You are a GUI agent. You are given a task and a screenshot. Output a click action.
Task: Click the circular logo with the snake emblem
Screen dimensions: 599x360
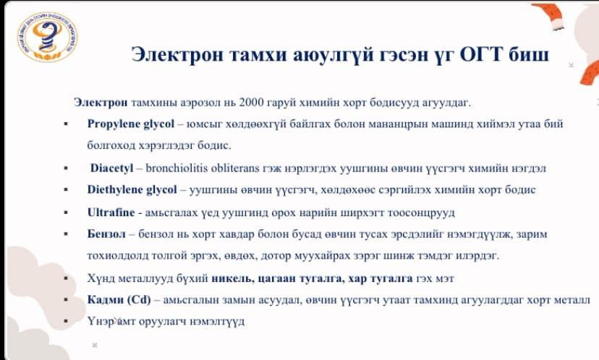click(47, 37)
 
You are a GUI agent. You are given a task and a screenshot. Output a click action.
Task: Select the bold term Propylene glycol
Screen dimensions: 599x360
click(131, 124)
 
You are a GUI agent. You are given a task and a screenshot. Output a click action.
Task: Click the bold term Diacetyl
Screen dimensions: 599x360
click(111, 168)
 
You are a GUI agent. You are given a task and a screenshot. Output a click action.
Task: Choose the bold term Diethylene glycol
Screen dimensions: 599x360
click(132, 189)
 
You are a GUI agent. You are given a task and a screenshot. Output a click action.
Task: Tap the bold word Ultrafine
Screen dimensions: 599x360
click(111, 213)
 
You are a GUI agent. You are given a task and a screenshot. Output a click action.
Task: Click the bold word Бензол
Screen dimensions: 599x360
click(106, 233)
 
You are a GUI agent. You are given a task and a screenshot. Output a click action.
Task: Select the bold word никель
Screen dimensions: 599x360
click(233, 278)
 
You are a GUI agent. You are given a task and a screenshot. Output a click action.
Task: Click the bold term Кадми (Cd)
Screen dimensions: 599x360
click(119, 300)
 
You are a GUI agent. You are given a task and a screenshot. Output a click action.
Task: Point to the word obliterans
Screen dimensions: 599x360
click(235, 168)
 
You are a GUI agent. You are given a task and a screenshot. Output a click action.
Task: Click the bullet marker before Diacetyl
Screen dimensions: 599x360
click(66, 168)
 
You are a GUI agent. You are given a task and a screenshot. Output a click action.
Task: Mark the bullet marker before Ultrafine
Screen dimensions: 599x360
click(66, 213)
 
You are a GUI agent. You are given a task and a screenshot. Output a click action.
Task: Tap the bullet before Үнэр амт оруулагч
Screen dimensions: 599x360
click(66, 321)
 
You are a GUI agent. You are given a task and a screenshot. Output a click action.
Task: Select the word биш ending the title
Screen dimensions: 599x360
click(529, 54)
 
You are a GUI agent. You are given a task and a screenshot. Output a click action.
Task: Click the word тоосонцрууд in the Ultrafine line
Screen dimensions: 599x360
click(421, 213)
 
